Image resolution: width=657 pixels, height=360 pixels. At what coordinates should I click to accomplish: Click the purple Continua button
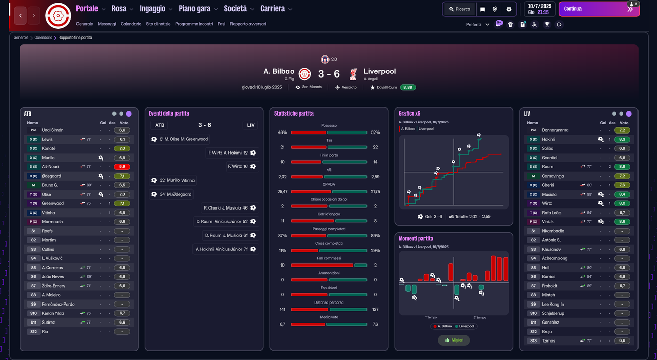[x=599, y=9]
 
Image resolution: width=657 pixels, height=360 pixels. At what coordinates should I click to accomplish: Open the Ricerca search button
[x=459, y=9]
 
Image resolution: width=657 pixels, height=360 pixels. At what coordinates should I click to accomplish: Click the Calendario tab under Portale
[x=131, y=24]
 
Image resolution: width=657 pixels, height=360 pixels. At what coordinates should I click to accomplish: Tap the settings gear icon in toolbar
[x=509, y=9]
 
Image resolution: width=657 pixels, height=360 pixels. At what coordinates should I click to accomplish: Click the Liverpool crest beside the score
[x=353, y=74]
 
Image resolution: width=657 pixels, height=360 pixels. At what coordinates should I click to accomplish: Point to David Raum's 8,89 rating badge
[x=408, y=87]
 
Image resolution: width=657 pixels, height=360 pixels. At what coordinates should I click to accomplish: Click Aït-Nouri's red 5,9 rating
[x=122, y=167]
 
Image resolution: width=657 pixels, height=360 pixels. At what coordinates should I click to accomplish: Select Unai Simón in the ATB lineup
[x=52, y=130]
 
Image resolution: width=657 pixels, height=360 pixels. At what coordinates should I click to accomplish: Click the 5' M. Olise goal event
[x=180, y=139]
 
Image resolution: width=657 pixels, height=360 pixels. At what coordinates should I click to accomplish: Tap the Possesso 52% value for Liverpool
[x=375, y=132]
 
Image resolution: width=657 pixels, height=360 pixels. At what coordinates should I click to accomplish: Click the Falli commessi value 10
[x=282, y=265]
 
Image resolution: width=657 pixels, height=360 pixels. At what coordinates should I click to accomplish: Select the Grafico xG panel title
[x=410, y=113]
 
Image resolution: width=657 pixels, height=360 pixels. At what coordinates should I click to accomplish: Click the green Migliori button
[x=454, y=340]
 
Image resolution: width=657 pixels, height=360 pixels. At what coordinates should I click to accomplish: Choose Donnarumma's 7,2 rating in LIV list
[x=622, y=130]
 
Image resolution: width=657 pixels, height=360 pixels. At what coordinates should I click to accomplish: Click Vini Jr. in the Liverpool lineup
[x=548, y=222]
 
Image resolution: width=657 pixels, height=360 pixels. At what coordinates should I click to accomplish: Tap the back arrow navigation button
[x=20, y=16]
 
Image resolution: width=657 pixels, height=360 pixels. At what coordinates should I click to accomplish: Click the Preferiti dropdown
[x=477, y=24]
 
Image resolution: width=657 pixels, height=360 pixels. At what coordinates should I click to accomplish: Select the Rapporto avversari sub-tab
[x=248, y=24]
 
